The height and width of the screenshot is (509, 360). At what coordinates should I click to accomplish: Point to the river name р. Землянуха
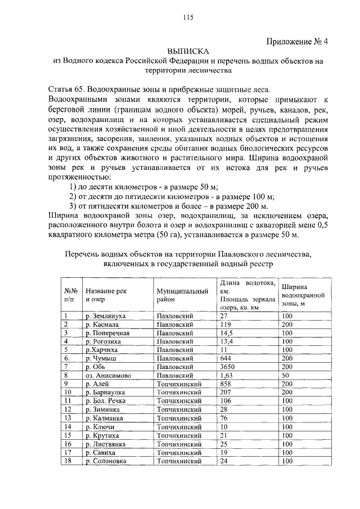click(x=106, y=317)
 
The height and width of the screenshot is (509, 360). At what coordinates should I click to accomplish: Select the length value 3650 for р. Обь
click(x=228, y=366)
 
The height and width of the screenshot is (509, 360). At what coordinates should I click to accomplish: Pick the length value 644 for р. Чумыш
click(x=226, y=358)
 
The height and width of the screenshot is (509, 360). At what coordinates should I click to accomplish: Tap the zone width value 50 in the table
click(x=286, y=375)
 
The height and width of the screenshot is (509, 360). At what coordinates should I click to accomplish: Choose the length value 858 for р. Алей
click(x=226, y=383)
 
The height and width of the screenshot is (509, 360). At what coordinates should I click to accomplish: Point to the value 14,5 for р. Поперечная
click(x=227, y=333)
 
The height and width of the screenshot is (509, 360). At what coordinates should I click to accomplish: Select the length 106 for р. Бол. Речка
click(x=226, y=400)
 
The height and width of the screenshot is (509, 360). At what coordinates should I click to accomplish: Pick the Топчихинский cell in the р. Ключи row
click(x=179, y=427)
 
